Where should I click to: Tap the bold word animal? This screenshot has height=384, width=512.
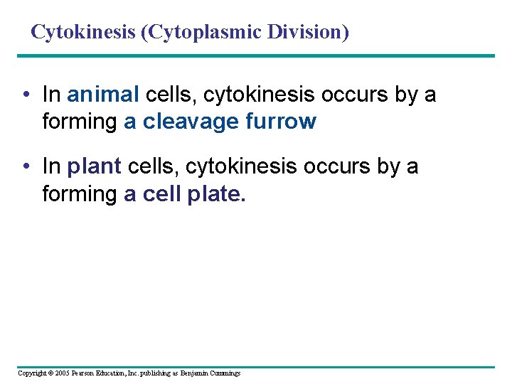tap(103, 94)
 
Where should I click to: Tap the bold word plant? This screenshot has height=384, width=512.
tap(95, 166)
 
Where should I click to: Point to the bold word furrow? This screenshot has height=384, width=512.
tap(280, 122)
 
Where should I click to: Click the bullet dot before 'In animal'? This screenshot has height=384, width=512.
tap(25, 95)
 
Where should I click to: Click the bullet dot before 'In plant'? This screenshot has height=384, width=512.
tap(25, 167)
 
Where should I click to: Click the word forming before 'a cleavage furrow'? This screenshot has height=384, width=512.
tap(79, 122)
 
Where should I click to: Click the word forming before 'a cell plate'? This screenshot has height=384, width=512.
tap(79, 194)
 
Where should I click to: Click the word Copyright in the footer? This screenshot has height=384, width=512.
tap(31, 373)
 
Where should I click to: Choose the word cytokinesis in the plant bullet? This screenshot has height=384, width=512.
tap(240, 166)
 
